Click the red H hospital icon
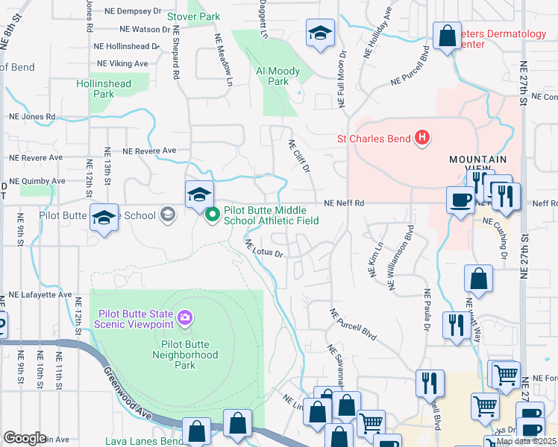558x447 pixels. coord(422,138)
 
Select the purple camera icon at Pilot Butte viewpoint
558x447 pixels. coord(184,319)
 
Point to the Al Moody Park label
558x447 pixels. coord(278,76)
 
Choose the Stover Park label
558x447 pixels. coord(193,16)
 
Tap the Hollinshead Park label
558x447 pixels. coord(104,89)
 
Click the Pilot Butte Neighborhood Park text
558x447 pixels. coord(179,355)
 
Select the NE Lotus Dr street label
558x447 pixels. coord(265,249)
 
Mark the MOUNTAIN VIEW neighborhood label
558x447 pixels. coord(477,165)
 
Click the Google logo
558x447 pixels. coord(24,438)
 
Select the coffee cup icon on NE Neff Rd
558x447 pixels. coord(460,200)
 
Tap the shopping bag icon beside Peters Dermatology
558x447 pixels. coord(447,36)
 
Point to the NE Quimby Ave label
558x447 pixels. coord(37,181)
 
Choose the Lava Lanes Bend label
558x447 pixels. coord(144,441)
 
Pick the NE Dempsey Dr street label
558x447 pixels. coord(137,13)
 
